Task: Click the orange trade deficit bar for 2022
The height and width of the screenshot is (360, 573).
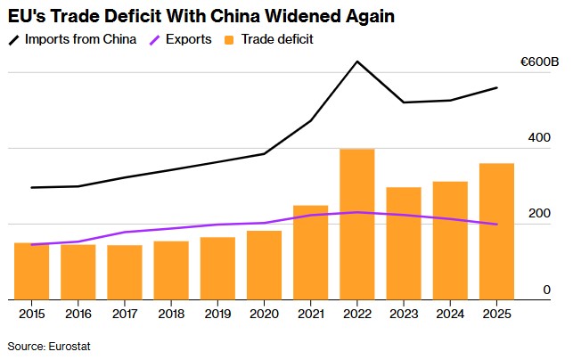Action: point(357,224)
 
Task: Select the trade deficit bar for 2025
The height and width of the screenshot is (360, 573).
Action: point(496,232)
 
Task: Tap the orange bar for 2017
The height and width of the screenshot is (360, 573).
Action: point(125,273)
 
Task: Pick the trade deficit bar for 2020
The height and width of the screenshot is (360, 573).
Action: point(264,265)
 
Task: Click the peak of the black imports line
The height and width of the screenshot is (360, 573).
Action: point(357,61)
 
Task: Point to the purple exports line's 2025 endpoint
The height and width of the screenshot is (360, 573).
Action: point(496,224)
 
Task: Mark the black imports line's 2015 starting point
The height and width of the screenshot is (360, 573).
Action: point(32,187)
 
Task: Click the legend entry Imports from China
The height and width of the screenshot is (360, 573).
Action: point(73,39)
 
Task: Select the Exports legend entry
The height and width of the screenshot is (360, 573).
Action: point(181,39)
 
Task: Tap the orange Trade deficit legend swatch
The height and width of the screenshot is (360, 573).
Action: point(229,40)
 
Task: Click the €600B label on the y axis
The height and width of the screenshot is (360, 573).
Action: point(540,61)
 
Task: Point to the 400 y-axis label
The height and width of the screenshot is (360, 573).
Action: point(539,137)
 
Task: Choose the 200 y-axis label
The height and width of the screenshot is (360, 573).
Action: point(539,213)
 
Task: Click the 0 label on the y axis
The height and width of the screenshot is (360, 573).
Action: point(546,290)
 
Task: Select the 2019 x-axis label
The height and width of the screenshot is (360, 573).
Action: point(217,314)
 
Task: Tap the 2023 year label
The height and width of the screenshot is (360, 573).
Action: point(404,314)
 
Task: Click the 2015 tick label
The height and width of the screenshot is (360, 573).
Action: point(32,314)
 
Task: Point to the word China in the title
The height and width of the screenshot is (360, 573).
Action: point(235,16)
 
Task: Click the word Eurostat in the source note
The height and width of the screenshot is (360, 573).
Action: point(70,346)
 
